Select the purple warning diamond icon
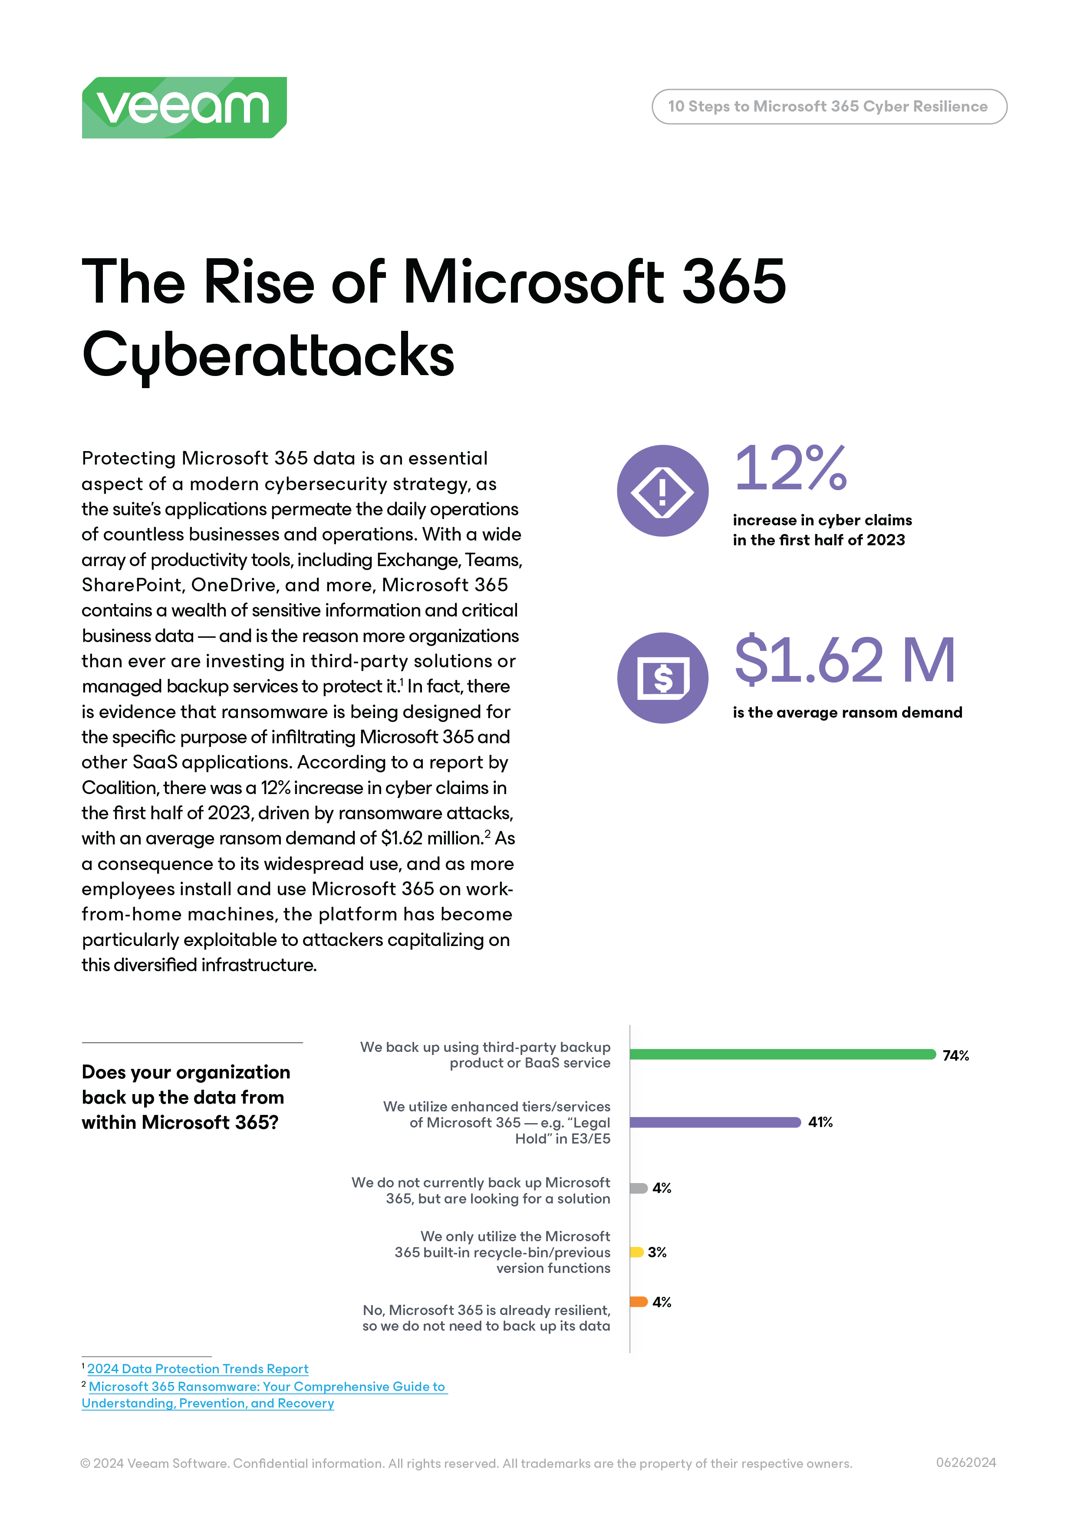point(662,491)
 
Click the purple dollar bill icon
point(662,678)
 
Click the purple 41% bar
point(715,1122)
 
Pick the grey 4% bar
point(638,1188)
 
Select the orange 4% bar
point(638,1302)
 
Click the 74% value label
point(955,1055)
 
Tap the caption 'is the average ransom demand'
point(847,712)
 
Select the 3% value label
point(656,1253)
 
